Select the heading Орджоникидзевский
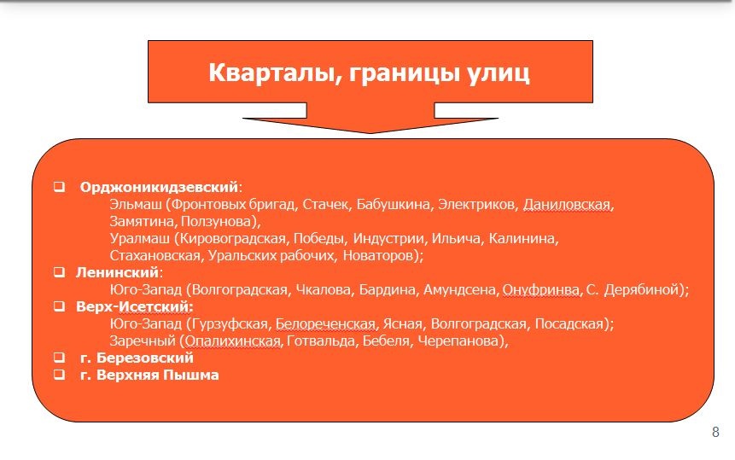coord(160,188)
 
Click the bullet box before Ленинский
coord(59,271)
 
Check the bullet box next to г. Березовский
coord(59,358)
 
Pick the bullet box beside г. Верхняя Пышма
coord(59,375)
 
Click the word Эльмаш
coord(136,204)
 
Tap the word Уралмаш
coord(140,238)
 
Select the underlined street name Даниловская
coord(567,204)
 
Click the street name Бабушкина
coord(393,204)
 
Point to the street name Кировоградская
coord(232,239)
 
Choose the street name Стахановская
coord(155,256)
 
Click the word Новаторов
coord(379,256)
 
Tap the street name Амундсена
coord(459,290)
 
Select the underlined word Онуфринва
coord(540,290)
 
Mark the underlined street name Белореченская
coord(325,324)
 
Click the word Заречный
coord(143,341)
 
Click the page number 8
coord(715,432)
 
